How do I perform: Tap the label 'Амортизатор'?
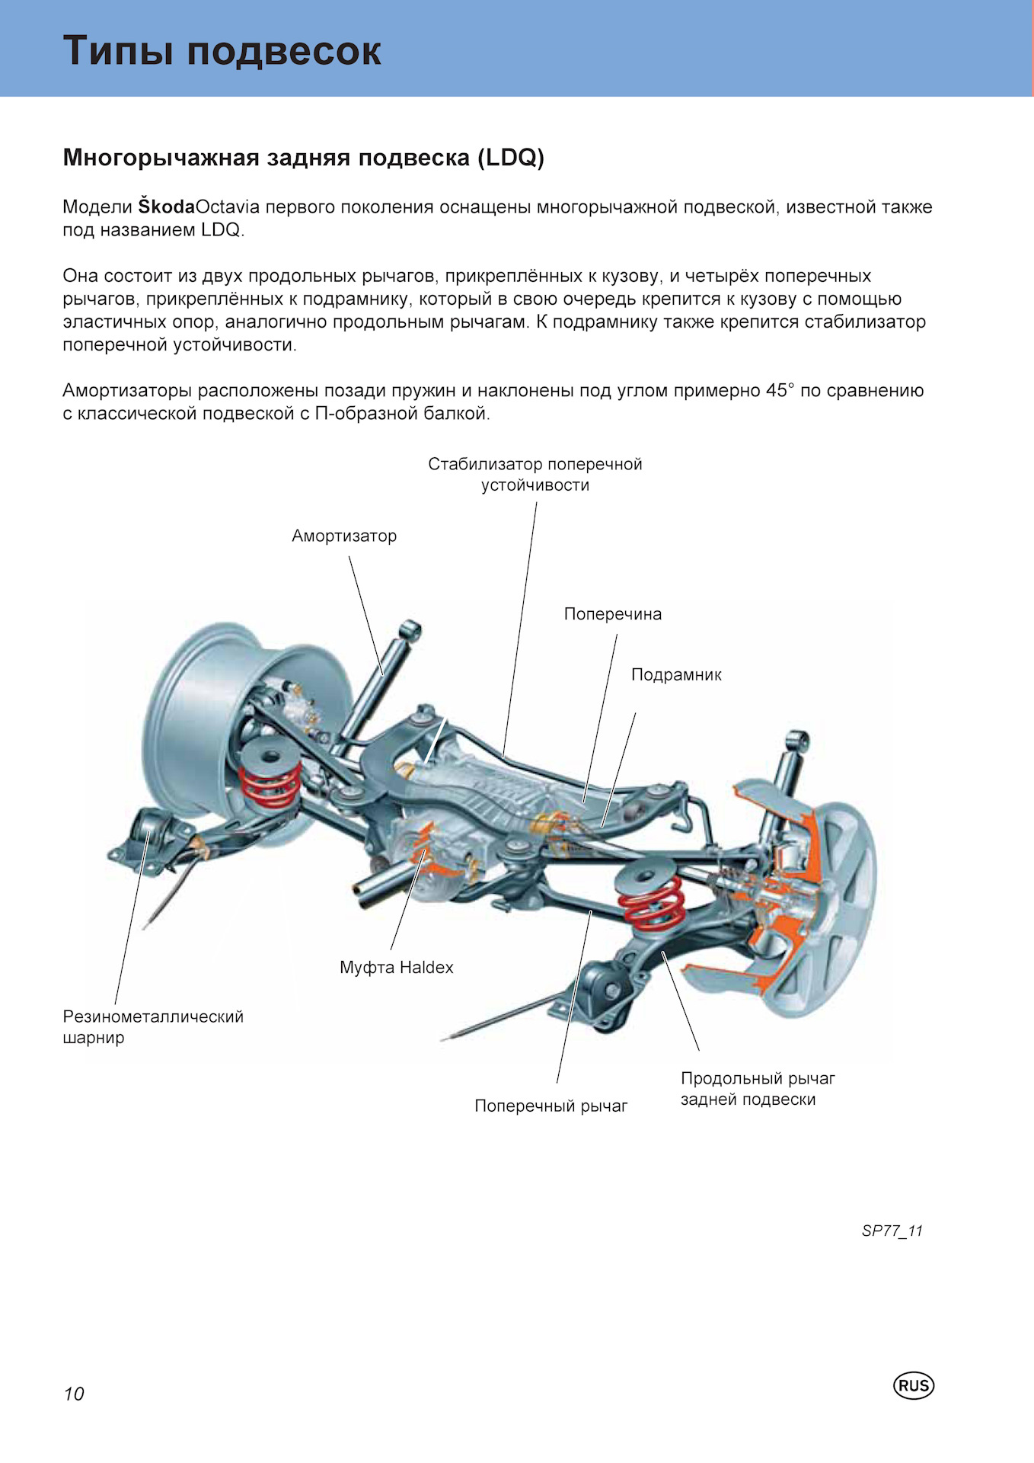tap(344, 536)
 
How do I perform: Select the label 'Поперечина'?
tap(613, 614)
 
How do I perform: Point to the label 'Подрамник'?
tap(676, 674)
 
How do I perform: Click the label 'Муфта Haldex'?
tap(397, 968)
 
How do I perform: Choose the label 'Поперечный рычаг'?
tap(551, 1106)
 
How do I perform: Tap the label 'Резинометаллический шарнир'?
tap(153, 1026)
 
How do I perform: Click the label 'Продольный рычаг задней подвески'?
tap(758, 1089)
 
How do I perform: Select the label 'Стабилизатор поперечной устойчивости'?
tap(535, 474)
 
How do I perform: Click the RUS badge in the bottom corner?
tap(913, 1385)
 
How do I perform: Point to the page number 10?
tap(74, 1394)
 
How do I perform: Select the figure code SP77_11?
tap(892, 1231)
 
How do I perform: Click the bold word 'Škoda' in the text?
tap(167, 206)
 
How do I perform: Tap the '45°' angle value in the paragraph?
tap(780, 390)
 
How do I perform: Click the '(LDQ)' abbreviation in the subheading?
tap(511, 158)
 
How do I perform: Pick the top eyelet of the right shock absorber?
tap(796, 741)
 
